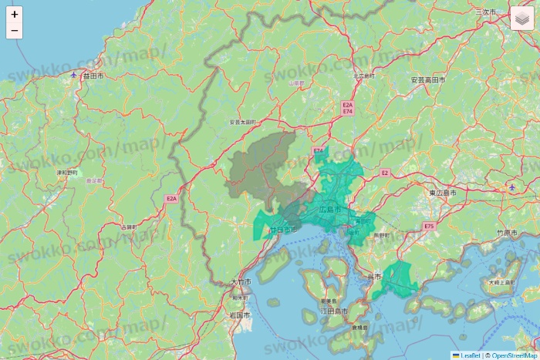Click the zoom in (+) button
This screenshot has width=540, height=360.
15,14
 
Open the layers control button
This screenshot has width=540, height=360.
522,19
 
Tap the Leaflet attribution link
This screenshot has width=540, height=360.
470,355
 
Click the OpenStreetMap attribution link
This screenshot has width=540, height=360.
514,355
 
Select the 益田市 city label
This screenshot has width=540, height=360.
93,76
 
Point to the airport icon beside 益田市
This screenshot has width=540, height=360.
73,75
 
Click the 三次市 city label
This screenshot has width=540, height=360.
486,12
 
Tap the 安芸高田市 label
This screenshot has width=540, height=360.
427,80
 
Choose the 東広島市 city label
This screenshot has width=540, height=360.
443,192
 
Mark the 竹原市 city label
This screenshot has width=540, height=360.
507,231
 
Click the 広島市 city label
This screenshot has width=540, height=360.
329,209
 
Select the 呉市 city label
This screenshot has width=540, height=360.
375,276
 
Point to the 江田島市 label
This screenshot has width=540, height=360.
333,311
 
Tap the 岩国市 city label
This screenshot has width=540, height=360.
239,315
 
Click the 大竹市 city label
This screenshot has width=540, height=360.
241,283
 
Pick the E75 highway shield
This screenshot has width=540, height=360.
429,226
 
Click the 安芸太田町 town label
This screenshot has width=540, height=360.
242,122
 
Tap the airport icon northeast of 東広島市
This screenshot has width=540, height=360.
511,187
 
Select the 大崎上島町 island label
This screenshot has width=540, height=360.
501,283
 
